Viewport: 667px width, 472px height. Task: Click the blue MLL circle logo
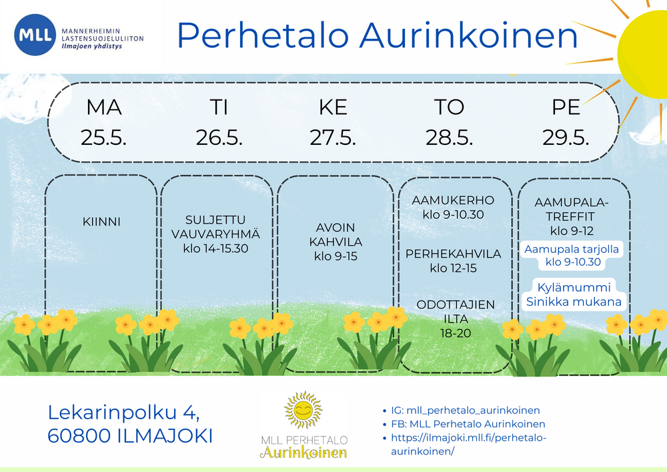(x=35, y=35)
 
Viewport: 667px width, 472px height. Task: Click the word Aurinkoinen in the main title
(x=469, y=35)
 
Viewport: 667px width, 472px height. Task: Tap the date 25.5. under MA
(x=103, y=138)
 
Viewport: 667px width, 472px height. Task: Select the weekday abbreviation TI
(x=219, y=107)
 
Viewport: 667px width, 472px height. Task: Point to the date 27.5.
(x=333, y=138)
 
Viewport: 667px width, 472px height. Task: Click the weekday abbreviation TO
(x=449, y=107)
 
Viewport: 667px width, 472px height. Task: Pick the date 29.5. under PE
(x=566, y=138)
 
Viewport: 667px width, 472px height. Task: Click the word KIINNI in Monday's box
(x=101, y=222)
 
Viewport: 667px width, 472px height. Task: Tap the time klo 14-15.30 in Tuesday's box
(x=215, y=248)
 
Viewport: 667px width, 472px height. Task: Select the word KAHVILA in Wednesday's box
(x=336, y=242)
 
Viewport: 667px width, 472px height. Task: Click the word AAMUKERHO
(x=453, y=200)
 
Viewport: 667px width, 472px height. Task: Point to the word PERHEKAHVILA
(x=453, y=254)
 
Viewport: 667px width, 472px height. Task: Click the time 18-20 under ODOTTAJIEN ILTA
(x=456, y=333)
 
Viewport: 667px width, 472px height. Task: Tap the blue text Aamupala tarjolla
(x=572, y=249)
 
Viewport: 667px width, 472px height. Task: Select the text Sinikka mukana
(x=574, y=302)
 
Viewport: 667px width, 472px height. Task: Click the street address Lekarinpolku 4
(x=123, y=413)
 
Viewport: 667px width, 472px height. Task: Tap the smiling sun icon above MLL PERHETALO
(x=303, y=410)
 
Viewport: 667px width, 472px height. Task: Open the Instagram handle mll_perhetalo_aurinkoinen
(x=473, y=411)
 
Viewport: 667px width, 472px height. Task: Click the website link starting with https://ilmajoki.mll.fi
(x=468, y=444)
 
